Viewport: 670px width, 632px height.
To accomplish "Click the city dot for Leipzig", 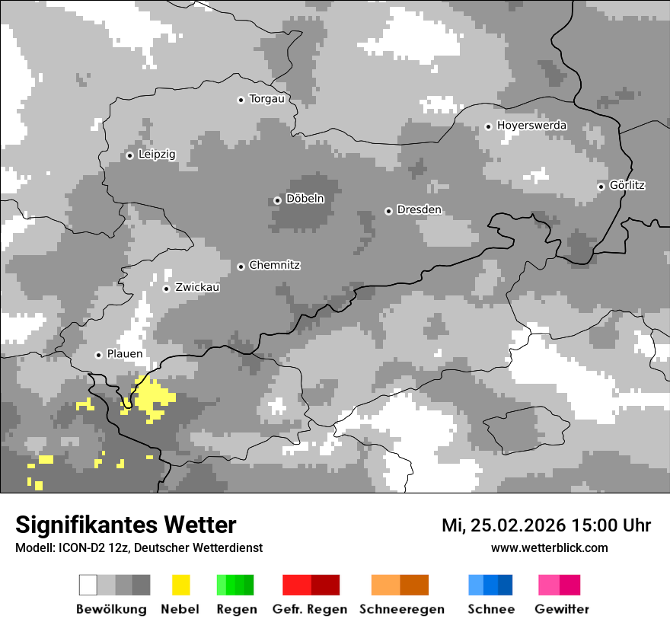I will click(129, 155).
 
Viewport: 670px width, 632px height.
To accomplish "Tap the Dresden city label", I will click(419, 209).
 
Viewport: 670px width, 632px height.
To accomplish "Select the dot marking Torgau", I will click(241, 100).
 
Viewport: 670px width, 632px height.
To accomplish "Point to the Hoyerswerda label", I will click(531, 125).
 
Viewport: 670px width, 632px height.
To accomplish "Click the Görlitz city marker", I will click(601, 186).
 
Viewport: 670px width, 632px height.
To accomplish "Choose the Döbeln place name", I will click(305, 199).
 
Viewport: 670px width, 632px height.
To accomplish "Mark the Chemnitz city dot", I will click(241, 267).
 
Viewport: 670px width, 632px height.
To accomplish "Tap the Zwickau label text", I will click(197, 287).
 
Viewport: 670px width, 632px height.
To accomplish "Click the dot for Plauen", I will click(98, 355).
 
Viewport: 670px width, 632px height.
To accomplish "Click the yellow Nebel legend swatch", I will click(180, 585).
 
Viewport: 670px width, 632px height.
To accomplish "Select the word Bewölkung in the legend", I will click(111, 609).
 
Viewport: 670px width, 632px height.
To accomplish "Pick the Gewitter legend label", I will click(562, 609).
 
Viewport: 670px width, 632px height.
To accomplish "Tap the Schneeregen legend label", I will click(402, 609).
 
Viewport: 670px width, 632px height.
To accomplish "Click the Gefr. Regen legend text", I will click(310, 609).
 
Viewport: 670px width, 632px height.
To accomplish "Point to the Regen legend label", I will click(234, 609).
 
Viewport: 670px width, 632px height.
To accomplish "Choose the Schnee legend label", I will click(490, 609).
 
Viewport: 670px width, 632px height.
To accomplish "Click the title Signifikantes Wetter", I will click(126, 525).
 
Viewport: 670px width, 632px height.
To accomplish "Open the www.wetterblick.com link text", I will click(549, 547).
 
